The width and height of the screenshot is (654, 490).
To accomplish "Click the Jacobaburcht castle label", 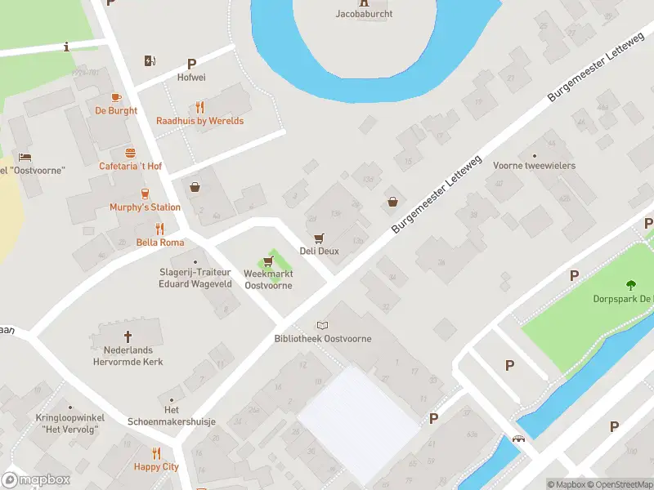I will [x=363, y=13].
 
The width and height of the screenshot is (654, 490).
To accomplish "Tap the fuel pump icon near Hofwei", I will [x=150, y=60].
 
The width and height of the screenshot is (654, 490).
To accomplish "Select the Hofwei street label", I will [x=191, y=78].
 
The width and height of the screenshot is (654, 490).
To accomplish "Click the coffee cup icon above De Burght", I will [x=116, y=96].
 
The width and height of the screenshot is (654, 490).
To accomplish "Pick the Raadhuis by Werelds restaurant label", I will [x=200, y=121].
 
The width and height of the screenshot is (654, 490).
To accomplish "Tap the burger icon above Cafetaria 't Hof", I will [x=130, y=153].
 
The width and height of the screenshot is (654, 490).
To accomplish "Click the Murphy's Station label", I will [x=145, y=207].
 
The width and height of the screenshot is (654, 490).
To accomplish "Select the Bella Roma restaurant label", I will [x=160, y=243].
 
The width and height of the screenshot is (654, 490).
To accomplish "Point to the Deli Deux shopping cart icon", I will [x=319, y=238].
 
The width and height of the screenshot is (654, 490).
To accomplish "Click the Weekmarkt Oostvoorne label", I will [x=268, y=279].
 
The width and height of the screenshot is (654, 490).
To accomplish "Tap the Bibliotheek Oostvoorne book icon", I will [x=322, y=325].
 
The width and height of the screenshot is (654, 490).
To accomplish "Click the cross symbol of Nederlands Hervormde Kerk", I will [x=128, y=336].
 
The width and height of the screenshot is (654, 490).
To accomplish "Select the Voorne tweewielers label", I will [x=534, y=166].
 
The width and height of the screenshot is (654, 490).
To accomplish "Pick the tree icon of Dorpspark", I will [x=630, y=285].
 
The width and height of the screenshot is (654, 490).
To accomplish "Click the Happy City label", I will [x=156, y=467].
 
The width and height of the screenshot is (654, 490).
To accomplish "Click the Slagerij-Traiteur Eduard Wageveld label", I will [x=195, y=278].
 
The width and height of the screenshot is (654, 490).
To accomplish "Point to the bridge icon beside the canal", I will [x=518, y=439].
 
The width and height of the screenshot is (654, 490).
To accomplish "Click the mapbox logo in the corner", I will [x=36, y=480].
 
